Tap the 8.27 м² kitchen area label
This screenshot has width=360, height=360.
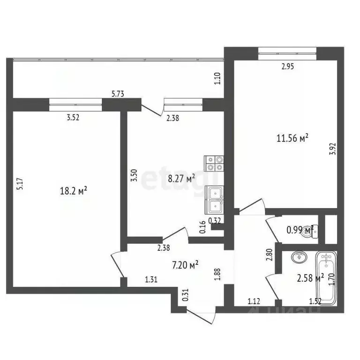click(181, 178)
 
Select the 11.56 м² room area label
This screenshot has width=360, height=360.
click(292, 138)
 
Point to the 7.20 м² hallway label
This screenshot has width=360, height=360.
click(185, 265)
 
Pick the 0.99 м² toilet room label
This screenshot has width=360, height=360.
click(300, 230)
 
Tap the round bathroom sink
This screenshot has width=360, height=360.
click(298, 257)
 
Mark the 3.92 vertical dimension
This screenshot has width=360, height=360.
click(332, 148)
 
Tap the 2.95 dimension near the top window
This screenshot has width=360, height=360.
click(287, 67)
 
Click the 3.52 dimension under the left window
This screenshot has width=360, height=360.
click(72, 118)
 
